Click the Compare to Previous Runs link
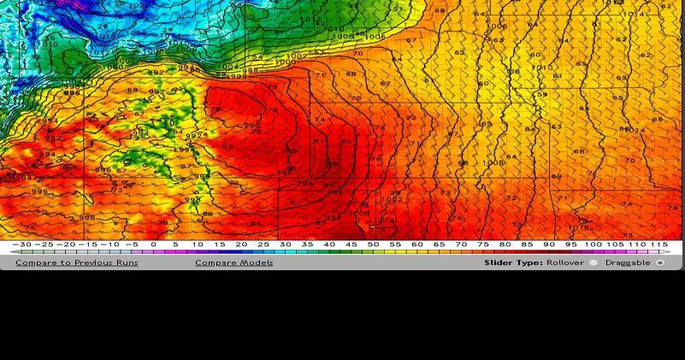(77, 263)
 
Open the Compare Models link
(234, 263)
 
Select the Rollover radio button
(593, 263)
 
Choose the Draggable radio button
(660, 263)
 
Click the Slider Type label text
(513, 263)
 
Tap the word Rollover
(565, 263)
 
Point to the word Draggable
(629, 263)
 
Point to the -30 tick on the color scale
(21, 245)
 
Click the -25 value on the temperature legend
(44, 245)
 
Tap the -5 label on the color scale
(131, 245)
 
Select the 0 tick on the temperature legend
(154, 245)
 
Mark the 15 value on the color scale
(220, 245)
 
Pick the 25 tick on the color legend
(263, 245)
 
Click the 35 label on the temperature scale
(308, 245)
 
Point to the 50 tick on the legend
(374, 245)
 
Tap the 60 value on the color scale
(417, 245)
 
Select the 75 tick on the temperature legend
(483, 245)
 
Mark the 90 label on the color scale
(549, 245)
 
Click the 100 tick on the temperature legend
(593, 245)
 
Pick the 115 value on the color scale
(659, 245)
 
